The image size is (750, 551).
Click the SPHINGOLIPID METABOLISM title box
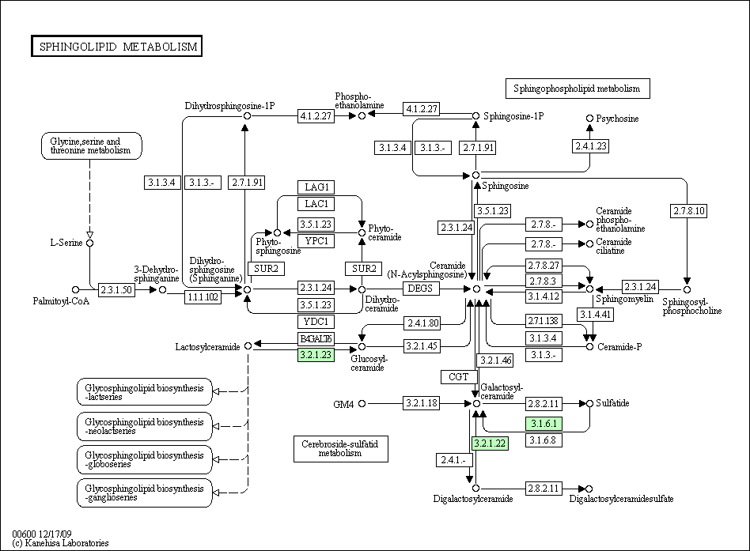pos(116,47)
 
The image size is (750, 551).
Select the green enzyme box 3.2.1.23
pos(316,356)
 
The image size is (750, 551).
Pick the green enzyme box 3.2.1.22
pos(489,443)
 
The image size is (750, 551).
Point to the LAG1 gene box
pos(316,187)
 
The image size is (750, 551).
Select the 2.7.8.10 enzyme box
pos(688,211)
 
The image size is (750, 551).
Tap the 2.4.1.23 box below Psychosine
pos(590,146)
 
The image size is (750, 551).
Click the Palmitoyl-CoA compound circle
pos(75,290)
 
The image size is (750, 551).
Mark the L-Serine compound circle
pos(90,243)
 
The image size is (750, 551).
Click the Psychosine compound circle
pos(589,119)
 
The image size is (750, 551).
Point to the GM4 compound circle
pos(362,404)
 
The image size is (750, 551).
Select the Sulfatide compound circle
pos(589,403)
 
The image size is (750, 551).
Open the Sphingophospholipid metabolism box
pos(577,89)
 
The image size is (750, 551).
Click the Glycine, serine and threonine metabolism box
pos(91,145)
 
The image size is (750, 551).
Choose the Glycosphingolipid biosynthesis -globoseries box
pos(145,459)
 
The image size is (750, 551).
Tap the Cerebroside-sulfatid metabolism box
pos(340,448)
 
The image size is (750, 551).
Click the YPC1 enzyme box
pos(316,240)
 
